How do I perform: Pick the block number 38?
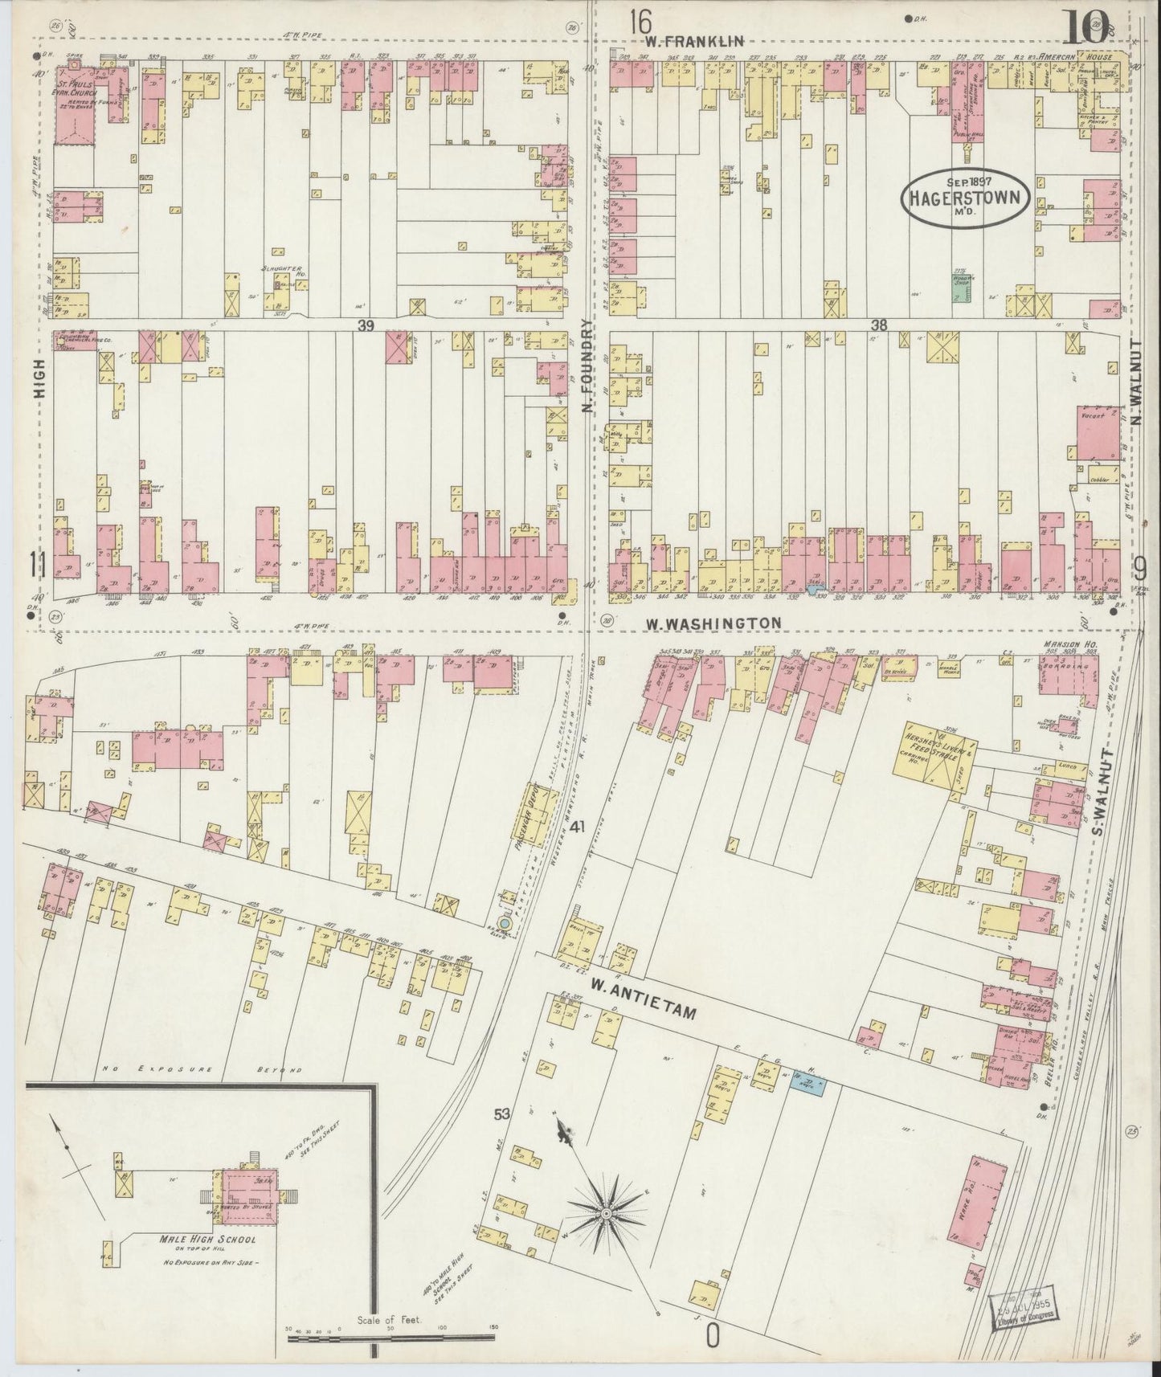click(878, 325)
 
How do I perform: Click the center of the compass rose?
click(608, 1210)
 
